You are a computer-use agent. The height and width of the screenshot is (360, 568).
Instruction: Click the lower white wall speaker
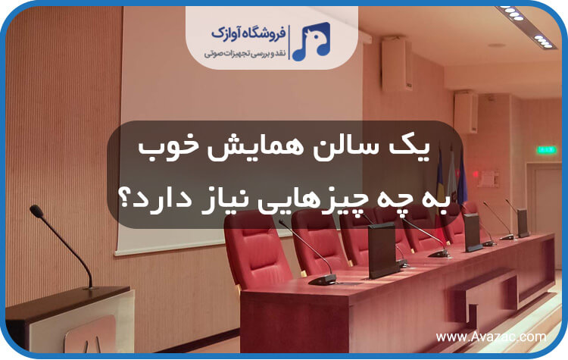point(465,111)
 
